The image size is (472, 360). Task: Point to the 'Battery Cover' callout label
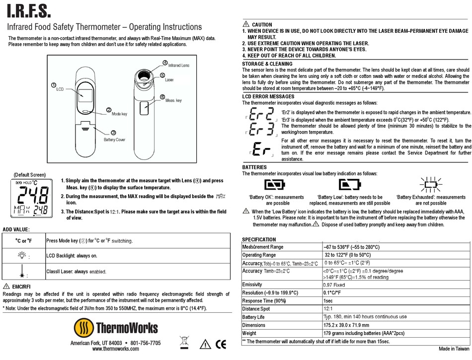coord(114,140)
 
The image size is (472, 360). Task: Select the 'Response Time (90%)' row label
coord(264,301)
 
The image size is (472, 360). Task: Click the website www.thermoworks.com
coord(115,349)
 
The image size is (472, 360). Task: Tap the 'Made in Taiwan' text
coord(454,349)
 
